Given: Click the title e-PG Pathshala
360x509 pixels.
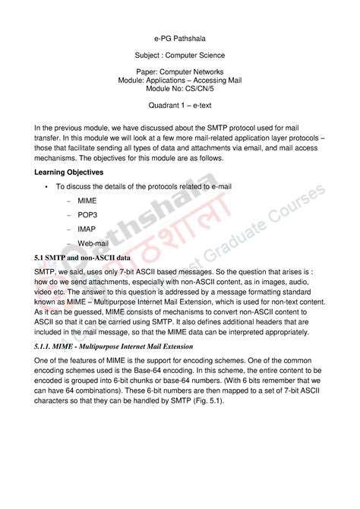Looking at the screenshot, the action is [x=180, y=36].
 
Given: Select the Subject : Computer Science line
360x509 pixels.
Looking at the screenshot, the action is [x=180, y=55].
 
